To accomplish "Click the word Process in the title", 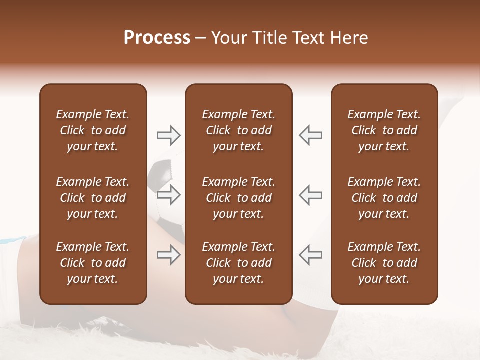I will (x=157, y=38).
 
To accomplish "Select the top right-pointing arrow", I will (x=168, y=135).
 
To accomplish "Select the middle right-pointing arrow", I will (x=168, y=195).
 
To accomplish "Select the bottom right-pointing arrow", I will (x=168, y=255).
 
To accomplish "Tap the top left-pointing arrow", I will (x=310, y=135).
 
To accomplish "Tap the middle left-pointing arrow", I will (x=310, y=195).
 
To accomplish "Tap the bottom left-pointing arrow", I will (x=310, y=255).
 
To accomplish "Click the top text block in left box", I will (x=93, y=130).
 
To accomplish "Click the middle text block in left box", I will (x=93, y=198).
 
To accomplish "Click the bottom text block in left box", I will (x=93, y=263).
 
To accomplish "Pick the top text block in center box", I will (x=238, y=130).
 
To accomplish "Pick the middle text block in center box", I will (x=238, y=198).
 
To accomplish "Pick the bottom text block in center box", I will (x=238, y=263).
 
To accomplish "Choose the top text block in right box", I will (x=384, y=130).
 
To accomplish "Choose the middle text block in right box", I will (x=384, y=198).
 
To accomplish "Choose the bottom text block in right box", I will (x=384, y=263).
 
